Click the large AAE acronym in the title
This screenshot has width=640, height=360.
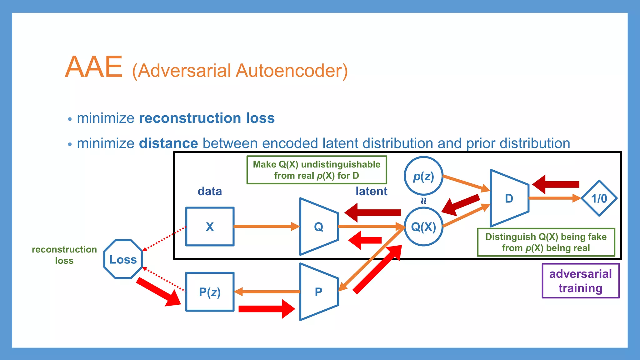[x=94, y=67]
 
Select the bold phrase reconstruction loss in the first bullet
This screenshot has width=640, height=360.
[x=207, y=118]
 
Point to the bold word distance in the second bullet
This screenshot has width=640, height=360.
[x=168, y=143]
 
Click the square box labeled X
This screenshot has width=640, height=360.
[x=210, y=227]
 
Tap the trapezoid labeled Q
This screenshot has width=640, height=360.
[x=318, y=227]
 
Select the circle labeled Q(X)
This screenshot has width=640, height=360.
[x=423, y=227]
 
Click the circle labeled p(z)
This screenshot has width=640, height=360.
[x=423, y=176]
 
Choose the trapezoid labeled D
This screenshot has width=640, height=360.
[x=509, y=198]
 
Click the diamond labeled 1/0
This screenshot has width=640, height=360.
[x=599, y=198]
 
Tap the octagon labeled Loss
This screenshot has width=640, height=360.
[x=123, y=259]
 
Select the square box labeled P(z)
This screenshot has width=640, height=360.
[x=210, y=292]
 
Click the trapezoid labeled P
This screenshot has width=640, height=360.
[x=318, y=292]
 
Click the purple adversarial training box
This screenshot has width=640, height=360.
[x=580, y=281]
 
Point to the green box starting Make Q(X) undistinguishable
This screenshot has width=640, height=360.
[x=317, y=170]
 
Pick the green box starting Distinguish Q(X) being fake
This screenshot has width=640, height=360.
[x=546, y=242]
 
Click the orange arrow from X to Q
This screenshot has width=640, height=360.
[x=266, y=226]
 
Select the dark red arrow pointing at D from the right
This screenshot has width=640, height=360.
[x=556, y=184]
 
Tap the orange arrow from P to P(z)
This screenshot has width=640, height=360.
[x=267, y=292]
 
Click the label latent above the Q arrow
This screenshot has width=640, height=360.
[x=371, y=191]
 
